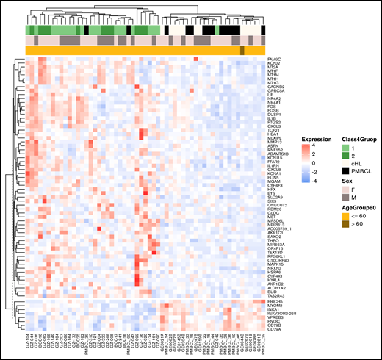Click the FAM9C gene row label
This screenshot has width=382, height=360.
(x=275, y=58)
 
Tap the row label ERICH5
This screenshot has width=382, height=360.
(x=276, y=301)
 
